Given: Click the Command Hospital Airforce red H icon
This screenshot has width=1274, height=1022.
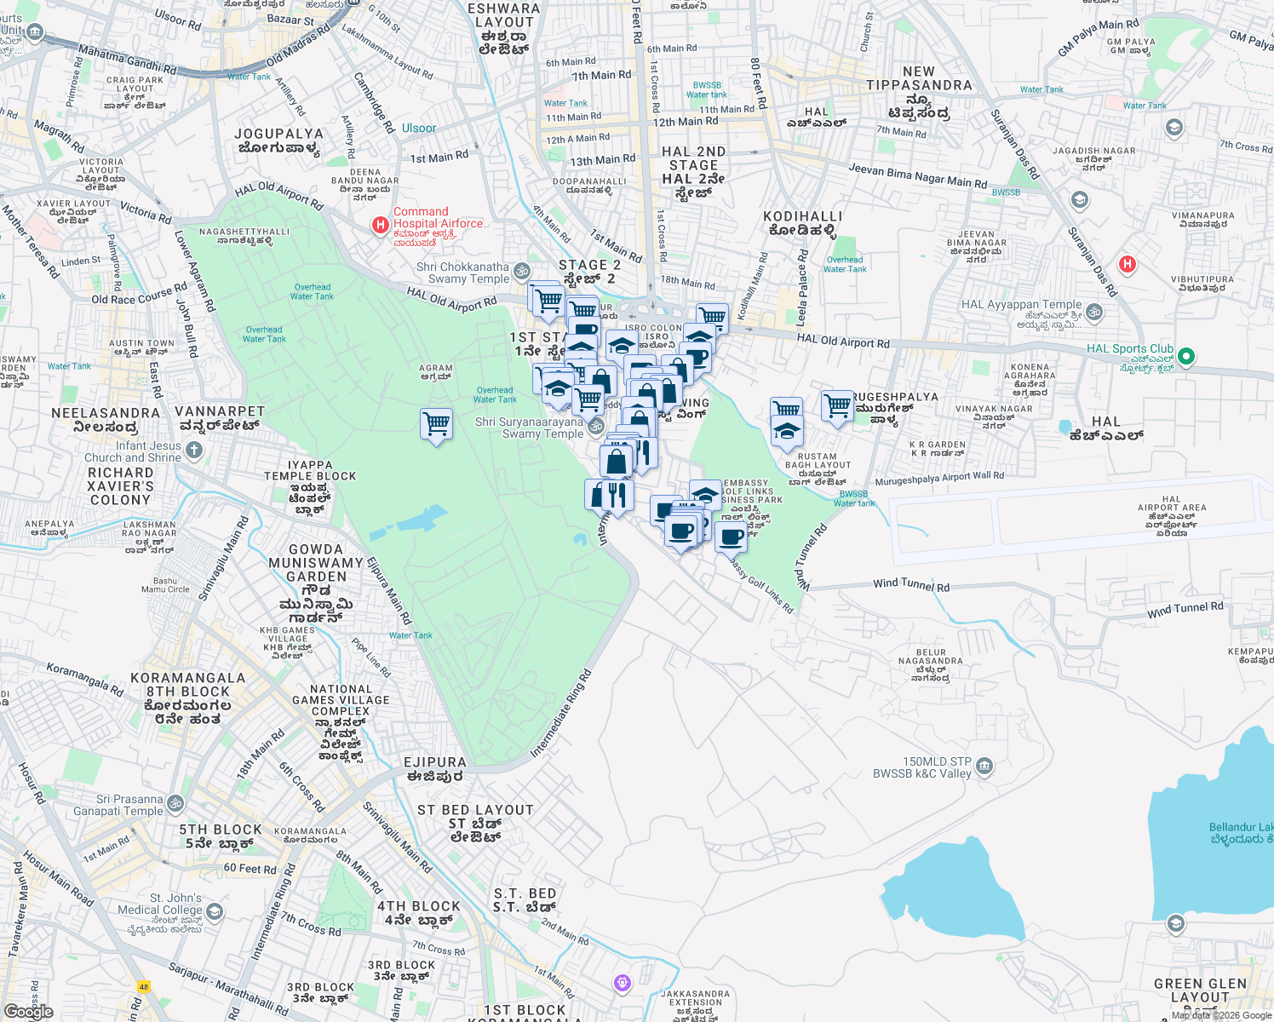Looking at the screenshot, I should [380, 225].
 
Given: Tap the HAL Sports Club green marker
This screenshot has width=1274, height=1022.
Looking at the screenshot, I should [1187, 356].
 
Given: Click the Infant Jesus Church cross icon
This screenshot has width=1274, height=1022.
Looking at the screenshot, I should [194, 450].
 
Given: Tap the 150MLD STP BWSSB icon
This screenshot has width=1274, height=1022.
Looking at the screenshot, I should [984, 766].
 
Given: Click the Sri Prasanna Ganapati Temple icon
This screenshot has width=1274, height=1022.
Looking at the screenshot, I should [175, 803].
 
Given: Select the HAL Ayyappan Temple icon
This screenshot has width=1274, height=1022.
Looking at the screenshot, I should [1095, 312].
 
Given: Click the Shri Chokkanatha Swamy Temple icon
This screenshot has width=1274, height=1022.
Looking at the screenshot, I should [522, 271].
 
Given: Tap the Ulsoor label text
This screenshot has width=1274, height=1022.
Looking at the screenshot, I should [419, 129].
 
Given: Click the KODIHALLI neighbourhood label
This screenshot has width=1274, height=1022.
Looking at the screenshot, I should [802, 217].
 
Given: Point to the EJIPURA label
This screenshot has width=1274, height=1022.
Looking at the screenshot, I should [435, 763].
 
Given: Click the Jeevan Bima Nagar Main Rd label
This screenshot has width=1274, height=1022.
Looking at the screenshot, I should [917, 175].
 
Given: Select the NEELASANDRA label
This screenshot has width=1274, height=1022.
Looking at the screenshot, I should [106, 413].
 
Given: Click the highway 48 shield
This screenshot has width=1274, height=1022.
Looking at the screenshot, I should [144, 986].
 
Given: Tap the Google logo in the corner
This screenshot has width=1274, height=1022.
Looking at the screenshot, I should [29, 1011].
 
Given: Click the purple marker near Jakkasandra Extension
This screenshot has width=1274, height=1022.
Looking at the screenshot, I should [623, 983].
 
